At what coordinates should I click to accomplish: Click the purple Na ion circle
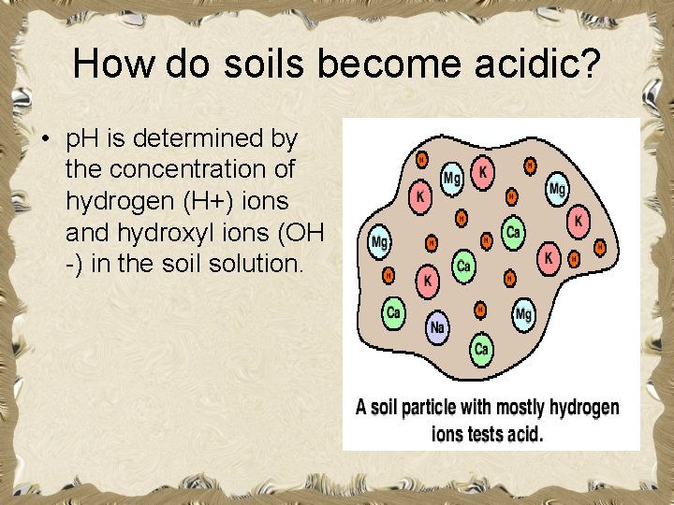[x=437, y=327]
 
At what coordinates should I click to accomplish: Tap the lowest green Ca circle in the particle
[x=481, y=349]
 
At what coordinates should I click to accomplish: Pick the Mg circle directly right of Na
[x=523, y=314]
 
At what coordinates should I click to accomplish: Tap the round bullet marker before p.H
[x=44, y=140]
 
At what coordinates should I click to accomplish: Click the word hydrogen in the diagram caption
[x=584, y=408]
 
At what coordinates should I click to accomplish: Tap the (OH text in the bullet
[x=300, y=232]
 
